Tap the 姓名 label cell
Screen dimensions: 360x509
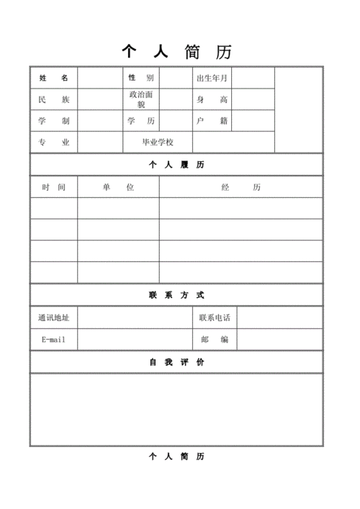pyautogui.click(x=54, y=78)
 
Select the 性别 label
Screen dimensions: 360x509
pyautogui.click(x=140, y=78)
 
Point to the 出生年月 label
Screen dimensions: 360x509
pyautogui.click(x=212, y=78)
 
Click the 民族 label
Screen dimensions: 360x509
pyautogui.click(x=54, y=99)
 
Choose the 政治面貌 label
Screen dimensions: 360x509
pyautogui.click(x=140, y=99)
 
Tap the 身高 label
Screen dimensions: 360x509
pyautogui.click(x=212, y=99)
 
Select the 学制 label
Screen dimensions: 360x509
pyautogui.click(x=54, y=121)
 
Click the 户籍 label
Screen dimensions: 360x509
pyautogui.click(x=212, y=121)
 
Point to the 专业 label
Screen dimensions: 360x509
pyautogui.click(x=54, y=143)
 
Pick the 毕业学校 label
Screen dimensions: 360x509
pyautogui.click(x=158, y=143)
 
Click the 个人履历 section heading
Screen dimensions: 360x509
pyautogui.click(x=176, y=165)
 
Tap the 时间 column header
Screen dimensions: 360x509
pyautogui.click(x=54, y=187)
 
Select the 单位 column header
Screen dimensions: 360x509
pyautogui.click(x=118, y=187)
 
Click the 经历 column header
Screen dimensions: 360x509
pyautogui.click(x=241, y=187)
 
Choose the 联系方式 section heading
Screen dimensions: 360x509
pyautogui.click(x=176, y=295)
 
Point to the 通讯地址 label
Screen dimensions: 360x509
pyautogui.click(x=54, y=317)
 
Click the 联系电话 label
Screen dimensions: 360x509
pyautogui.click(x=215, y=317)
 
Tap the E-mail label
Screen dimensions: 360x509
pyautogui.click(x=54, y=339)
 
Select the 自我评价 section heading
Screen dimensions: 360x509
pyautogui.click(x=176, y=362)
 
